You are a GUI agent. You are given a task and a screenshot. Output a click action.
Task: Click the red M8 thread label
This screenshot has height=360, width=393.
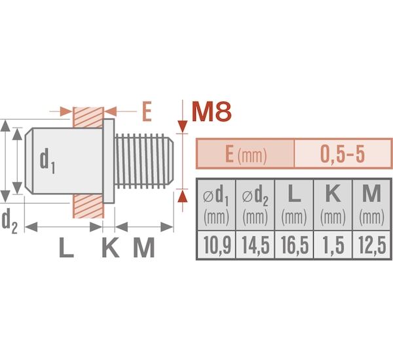212,111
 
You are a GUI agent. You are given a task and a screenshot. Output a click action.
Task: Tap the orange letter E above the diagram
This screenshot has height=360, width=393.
147,111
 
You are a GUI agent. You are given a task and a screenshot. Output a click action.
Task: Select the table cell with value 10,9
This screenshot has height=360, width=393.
216,245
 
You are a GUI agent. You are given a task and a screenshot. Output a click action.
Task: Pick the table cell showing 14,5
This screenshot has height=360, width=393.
255,245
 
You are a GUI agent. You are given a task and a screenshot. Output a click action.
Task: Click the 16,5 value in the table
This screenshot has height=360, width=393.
294,245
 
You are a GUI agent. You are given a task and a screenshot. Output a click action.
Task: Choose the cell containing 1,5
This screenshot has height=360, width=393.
333,245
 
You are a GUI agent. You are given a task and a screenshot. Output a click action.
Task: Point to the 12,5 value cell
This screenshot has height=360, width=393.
371,245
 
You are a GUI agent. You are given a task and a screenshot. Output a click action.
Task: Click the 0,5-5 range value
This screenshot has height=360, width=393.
343,154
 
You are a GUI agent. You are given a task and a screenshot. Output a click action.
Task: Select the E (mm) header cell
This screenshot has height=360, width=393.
246,154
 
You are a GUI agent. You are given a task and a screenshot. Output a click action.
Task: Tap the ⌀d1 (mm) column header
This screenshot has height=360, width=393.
216,205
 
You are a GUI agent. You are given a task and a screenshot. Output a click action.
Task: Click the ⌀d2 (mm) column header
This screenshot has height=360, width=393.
255,205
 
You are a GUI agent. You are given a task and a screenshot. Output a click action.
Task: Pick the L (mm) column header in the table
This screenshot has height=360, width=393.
294,205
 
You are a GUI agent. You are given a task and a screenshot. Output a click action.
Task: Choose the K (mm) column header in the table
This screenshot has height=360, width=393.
333,205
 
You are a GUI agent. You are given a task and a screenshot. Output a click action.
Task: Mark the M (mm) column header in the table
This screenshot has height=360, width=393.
371,205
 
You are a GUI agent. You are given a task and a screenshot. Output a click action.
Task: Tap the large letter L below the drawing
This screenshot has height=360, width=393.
66,247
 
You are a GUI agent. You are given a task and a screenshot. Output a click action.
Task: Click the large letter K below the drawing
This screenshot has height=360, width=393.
111,247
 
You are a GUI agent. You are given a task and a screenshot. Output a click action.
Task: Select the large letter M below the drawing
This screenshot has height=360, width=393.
143,247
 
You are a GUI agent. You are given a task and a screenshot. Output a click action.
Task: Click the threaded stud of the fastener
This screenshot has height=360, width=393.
144,161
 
